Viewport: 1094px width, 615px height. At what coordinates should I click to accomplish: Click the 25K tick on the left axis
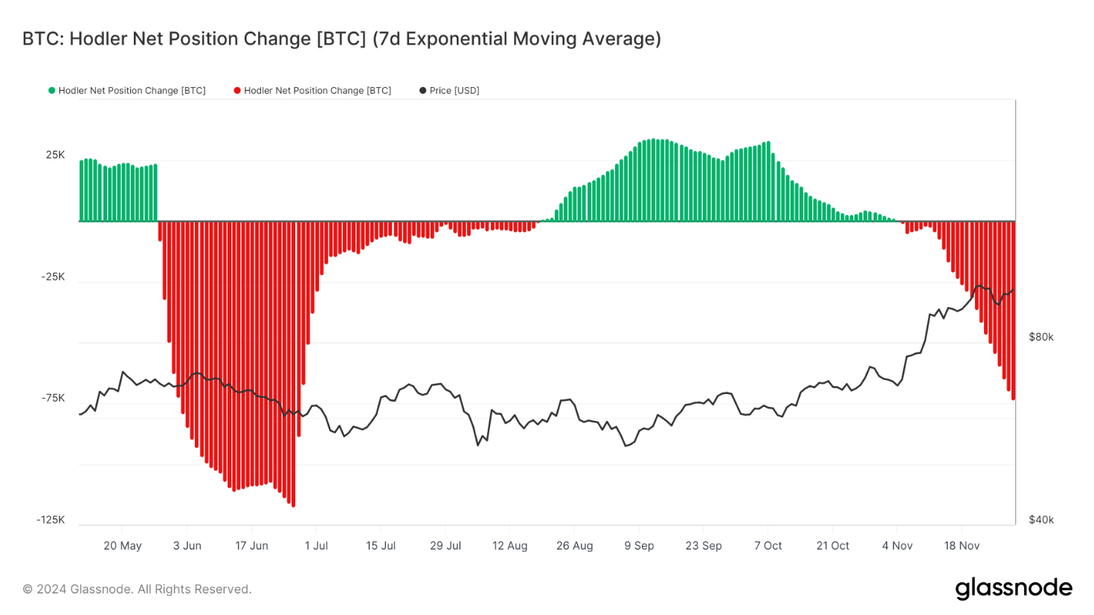point(55,155)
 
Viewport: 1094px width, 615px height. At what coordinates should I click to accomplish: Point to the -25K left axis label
point(53,277)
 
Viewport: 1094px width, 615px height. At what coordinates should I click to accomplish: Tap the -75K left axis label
point(53,398)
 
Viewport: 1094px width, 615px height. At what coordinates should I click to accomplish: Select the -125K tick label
point(51,520)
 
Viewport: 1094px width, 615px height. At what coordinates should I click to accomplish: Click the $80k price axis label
point(1040,337)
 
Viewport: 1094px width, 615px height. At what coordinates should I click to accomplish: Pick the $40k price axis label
point(1040,520)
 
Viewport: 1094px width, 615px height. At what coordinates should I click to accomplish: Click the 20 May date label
point(122,546)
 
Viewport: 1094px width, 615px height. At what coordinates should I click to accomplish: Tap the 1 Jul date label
point(316,546)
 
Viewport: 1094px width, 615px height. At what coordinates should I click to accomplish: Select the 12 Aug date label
point(509,546)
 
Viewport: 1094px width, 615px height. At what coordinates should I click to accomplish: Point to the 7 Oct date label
point(768,546)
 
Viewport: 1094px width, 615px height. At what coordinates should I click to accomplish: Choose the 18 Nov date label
point(962,546)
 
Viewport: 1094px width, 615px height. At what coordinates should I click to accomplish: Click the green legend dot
point(52,91)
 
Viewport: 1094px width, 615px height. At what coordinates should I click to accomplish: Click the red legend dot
point(237,91)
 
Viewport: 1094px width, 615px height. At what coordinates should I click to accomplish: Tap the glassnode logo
point(1014,588)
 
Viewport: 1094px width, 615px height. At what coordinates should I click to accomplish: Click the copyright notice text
point(137,589)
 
